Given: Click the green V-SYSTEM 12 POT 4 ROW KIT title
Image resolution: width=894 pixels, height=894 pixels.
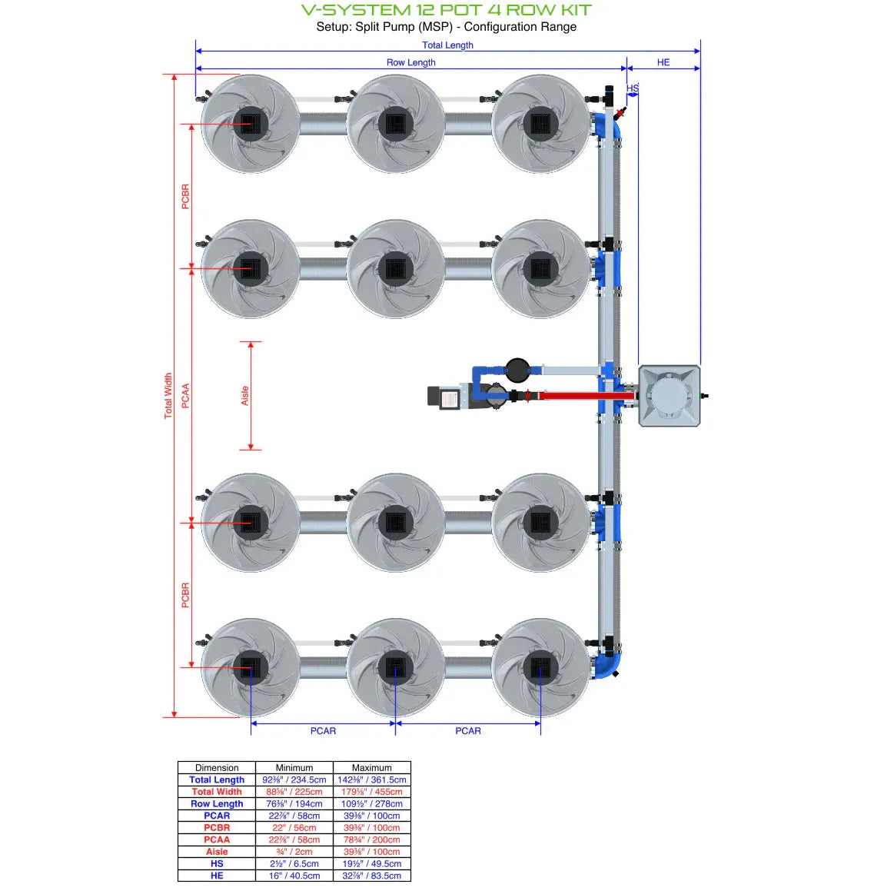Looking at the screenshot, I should click(447, 10).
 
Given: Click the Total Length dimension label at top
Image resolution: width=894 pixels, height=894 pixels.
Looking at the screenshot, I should click(447, 45).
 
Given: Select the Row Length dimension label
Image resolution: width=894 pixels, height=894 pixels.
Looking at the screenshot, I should click(410, 62).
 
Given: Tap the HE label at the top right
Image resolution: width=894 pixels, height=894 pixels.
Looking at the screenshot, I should click(663, 62).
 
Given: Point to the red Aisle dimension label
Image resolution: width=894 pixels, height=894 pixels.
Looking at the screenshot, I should click(245, 395).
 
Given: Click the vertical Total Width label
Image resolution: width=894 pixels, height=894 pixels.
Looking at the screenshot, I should click(168, 395).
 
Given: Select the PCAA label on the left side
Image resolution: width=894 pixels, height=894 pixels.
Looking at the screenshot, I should click(185, 395).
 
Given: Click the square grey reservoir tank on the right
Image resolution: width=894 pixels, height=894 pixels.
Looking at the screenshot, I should click(669, 396).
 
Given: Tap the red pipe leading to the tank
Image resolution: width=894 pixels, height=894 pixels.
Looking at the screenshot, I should click(584, 396).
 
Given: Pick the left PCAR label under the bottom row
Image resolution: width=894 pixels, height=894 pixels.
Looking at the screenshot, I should click(323, 730).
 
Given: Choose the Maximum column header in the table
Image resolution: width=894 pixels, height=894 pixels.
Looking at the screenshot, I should click(371, 767).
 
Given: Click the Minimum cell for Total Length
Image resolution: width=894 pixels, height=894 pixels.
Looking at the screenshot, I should click(294, 779).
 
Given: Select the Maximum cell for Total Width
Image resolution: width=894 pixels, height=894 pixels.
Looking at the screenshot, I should click(371, 791).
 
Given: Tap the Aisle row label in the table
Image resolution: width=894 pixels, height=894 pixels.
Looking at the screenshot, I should click(217, 851).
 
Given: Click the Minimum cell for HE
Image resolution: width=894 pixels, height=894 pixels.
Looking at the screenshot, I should click(294, 875).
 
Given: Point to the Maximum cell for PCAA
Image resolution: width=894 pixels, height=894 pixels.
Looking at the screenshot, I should click(371, 839).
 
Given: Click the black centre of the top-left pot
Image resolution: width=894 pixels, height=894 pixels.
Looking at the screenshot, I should click(251, 123).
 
